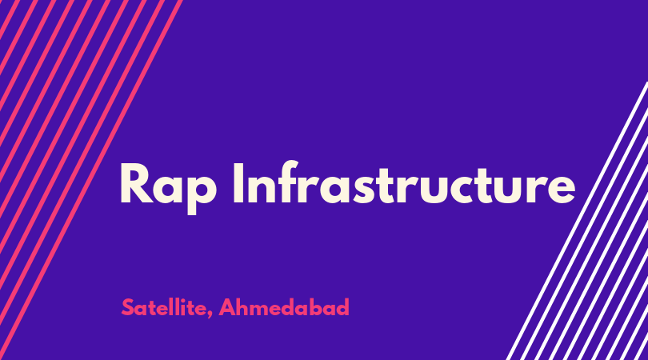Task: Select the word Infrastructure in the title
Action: pyautogui.click(x=404, y=182)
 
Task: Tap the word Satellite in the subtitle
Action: pyautogui.click(x=164, y=307)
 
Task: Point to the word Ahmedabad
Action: pyautogui.click(x=284, y=307)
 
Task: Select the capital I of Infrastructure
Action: pyautogui.click(x=238, y=182)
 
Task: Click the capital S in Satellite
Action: pyautogui.click(x=128, y=307)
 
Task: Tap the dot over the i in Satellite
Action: pyautogui.click(x=186, y=300)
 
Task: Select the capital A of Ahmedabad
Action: pyautogui.click(x=228, y=307)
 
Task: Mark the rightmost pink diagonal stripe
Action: pyautogui.click(x=91, y=180)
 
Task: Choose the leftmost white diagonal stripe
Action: pyautogui.click(x=577, y=221)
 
